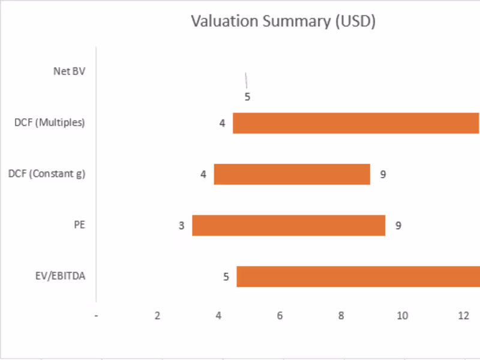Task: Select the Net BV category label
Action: (x=69, y=71)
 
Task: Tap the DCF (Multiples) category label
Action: (x=50, y=123)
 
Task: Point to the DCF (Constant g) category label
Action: (x=47, y=174)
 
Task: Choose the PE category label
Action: (x=79, y=226)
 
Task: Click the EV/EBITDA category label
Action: (x=60, y=277)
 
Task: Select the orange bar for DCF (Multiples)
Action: (x=356, y=123)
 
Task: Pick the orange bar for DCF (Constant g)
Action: (x=292, y=174)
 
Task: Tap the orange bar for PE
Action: (x=289, y=226)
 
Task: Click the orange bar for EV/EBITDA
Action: (x=358, y=277)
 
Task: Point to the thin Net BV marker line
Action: (x=246, y=80)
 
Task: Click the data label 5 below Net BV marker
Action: (x=247, y=97)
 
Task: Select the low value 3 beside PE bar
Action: (x=181, y=226)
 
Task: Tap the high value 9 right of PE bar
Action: (x=398, y=226)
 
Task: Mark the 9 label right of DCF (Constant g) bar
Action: (x=382, y=175)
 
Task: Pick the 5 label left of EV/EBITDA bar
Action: (x=226, y=277)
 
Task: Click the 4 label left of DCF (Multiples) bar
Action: (x=222, y=124)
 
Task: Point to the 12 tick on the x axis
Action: (x=463, y=316)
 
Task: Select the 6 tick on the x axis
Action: (x=280, y=316)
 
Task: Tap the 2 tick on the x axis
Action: (x=157, y=316)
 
